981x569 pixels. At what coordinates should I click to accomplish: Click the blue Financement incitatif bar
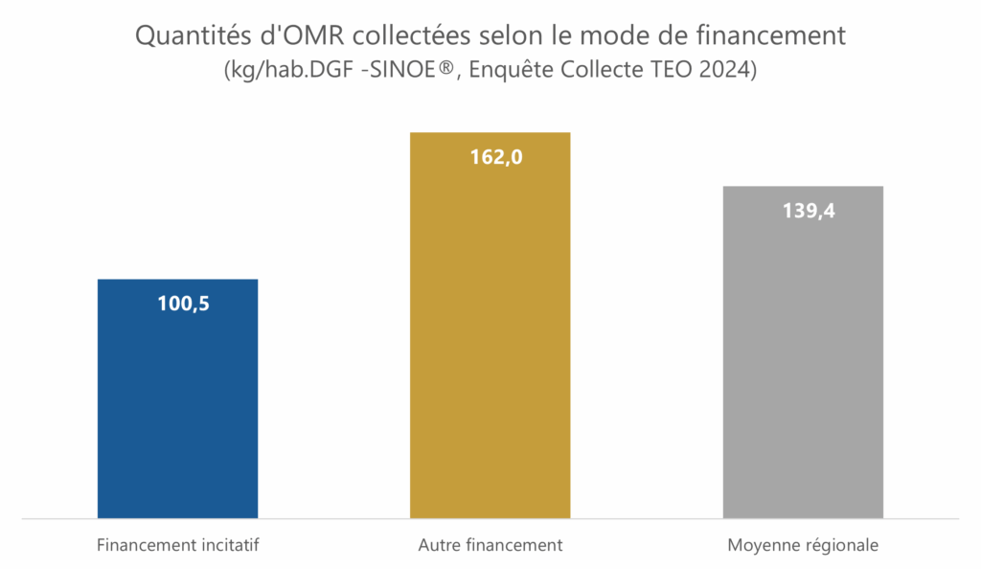point(177,402)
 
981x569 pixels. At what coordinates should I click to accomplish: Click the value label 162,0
point(495,157)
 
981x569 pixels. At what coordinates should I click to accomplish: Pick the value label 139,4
point(809,211)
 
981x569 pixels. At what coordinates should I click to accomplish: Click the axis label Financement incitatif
point(178,546)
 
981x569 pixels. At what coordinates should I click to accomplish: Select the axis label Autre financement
point(490,546)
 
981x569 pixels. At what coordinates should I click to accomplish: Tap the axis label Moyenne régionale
point(803,546)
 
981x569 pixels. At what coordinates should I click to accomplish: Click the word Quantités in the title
point(186,36)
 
